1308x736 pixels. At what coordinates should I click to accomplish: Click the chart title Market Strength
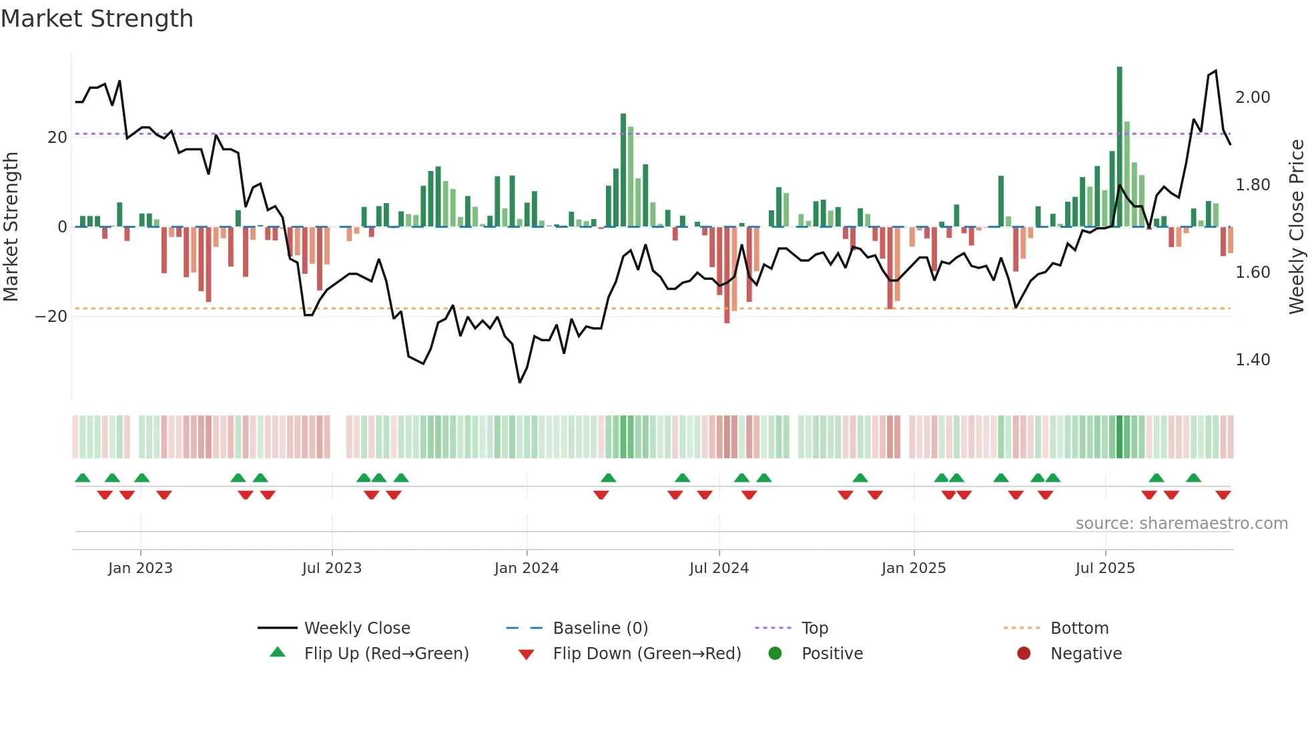(97, 19)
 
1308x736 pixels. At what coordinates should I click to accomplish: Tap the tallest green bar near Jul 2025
(1119, 147)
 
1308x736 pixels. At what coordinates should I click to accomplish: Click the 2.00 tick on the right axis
(1253, 98)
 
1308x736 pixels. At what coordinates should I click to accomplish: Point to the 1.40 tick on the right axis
(1253, 360)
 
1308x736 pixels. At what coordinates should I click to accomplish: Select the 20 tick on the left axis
(57, 138)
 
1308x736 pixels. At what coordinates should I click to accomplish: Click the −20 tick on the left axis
(52, 317)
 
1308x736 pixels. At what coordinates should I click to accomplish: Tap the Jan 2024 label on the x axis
(526, 568)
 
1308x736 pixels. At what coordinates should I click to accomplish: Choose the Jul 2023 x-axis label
(332, 568)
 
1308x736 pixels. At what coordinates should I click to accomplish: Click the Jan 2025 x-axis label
(913, 568)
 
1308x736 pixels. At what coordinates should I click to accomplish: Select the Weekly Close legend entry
(356, 628)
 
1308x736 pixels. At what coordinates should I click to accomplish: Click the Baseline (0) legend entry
(600, 628)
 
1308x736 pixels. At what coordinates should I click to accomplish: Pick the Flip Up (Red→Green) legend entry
(386, 654)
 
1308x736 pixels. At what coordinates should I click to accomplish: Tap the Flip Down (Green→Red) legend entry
(646, 654)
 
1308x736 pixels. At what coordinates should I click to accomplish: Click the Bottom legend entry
(1079, 628)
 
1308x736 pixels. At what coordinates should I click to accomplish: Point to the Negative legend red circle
(1024, 653)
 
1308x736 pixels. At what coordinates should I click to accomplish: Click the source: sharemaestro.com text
(1181, 524)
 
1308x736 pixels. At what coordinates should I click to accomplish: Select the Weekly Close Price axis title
(1296, 227)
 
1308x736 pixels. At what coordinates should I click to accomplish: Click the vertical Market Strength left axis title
(11, 227)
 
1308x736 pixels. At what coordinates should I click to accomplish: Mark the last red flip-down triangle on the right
(1223, 495)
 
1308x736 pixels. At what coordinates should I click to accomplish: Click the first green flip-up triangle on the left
(83, 478)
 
